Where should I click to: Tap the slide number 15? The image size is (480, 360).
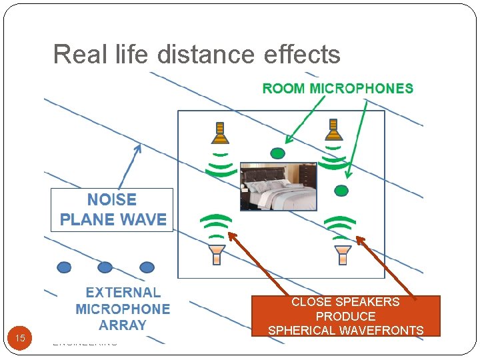pyautogui.click(x=20, y=338)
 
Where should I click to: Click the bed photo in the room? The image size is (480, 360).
pyautogui.click(x=278, y=186)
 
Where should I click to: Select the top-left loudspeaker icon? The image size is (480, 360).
pyautogui.click(x=220, y=134)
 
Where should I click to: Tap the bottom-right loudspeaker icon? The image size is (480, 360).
pyautogui.click(x=343, y=254)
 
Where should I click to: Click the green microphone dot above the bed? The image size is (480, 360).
pyautogui.click(x=277, y=153)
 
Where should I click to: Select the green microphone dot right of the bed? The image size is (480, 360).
pyautogui.click(x=341, y=191)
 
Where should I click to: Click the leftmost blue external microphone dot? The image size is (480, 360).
pyautogui.click(x=64, y=267)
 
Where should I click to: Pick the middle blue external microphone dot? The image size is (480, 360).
pyautogui.click(x=105, y=267)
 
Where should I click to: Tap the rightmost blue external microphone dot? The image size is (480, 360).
pyautogui.click(x=147, y=267)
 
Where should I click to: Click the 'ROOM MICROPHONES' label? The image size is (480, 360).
pyautogui.click(x=337, y=89)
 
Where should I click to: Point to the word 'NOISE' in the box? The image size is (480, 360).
pyautogui.click(x=112, y=199)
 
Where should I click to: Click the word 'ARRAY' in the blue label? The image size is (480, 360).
pyautogui.click(x=122, y=325)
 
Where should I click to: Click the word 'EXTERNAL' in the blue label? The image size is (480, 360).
pyautogui.click(x=123, y=292)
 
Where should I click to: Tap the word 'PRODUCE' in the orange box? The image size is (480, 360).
pyautogui.click(x=345, y=316)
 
